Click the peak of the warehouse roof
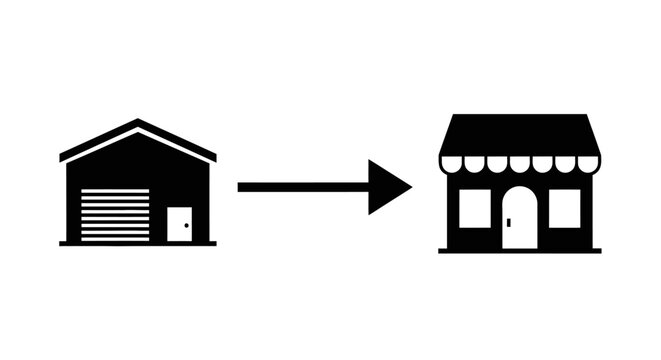(138, 122)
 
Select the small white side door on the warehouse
(179, 223)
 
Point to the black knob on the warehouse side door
(186, 226)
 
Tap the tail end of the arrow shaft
(241, 187)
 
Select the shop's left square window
(473, 207)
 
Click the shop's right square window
(565, 207)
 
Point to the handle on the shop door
(508, 221)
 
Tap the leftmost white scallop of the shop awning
(451, 162)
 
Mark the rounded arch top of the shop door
(519, 189)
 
